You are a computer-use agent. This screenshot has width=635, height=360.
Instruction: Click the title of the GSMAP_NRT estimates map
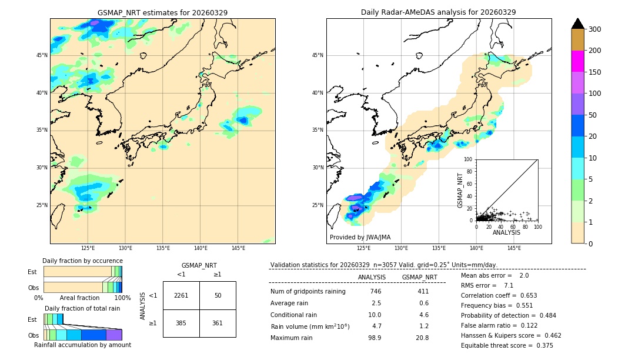click(162, 12)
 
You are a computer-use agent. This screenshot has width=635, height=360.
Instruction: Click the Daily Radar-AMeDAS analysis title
click(438, 12)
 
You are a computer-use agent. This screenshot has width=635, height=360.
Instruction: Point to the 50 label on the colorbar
click(594, 115)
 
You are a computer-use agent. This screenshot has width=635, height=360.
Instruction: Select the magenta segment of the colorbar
click(577, 61)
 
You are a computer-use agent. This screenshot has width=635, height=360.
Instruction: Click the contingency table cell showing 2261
click(181, 295)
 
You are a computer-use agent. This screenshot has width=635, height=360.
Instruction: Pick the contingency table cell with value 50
click(218, 295)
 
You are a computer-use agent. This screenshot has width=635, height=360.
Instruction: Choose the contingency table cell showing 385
click(181, 323)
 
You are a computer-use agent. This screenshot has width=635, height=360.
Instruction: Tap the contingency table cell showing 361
click(218, 323)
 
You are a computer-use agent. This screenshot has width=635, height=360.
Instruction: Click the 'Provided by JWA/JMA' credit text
click(360, 238)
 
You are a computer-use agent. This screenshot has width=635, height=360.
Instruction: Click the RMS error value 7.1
click(509, 285)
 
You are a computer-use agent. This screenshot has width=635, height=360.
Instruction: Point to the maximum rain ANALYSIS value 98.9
click(375, 338)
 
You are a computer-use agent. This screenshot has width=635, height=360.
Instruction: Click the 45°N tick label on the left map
click(42, 55)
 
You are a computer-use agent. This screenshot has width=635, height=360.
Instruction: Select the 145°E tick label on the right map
click(514, 248)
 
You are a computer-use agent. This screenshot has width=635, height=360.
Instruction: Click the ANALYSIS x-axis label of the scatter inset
click(506, 232)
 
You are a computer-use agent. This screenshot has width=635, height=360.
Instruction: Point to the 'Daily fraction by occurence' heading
click(82, 261)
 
